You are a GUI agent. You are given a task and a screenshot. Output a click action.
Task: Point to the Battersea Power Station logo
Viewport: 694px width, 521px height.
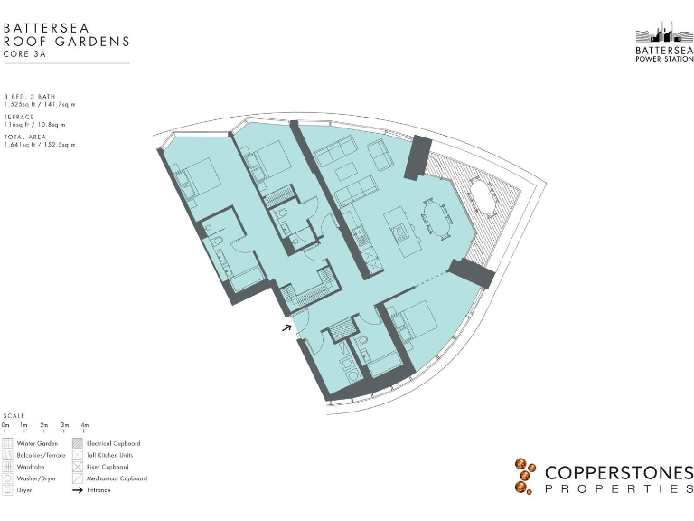664,41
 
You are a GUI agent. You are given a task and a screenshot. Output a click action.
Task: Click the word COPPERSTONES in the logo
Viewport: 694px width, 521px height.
618,472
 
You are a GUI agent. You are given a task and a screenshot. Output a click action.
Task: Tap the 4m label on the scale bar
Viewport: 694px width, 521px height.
84,424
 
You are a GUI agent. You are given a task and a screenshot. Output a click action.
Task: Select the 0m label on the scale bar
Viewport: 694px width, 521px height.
5,424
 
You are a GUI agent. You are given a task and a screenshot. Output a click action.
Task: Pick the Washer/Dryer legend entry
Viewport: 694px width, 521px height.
36,478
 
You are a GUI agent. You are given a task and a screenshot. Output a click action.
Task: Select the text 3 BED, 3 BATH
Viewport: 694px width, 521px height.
28,96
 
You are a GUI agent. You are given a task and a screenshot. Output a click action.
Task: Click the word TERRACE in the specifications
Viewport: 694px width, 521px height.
19,116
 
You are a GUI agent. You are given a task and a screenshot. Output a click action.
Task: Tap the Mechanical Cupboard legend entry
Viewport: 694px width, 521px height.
117,478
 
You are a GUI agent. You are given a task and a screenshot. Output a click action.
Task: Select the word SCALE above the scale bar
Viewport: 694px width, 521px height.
14,416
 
